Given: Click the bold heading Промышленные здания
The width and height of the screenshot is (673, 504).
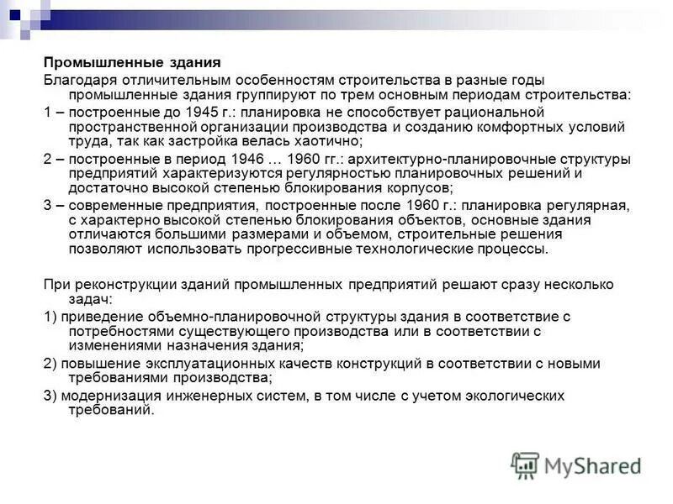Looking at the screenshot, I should click(132, 63).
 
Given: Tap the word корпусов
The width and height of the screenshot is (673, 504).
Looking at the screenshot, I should click(423, 189).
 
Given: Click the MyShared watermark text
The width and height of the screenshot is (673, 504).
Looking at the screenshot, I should click(592, 465).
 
